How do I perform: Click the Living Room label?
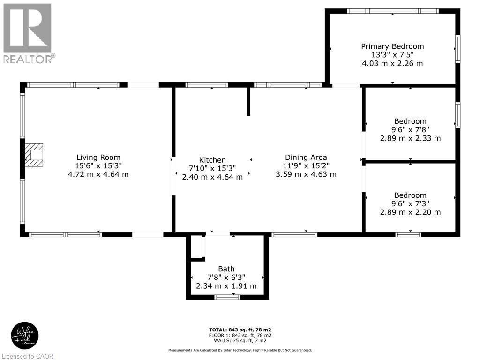[98, 157]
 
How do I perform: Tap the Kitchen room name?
[212, 160]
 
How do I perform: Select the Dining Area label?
[306, 157]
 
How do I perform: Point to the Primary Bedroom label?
[392, 46]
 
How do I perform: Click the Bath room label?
[226, 269]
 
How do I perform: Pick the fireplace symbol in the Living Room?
[34, 155]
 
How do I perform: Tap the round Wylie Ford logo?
[25, 336]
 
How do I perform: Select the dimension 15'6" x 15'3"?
[98, 166]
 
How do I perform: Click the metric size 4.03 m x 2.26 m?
[392, 63]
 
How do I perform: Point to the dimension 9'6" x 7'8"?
[410, 130]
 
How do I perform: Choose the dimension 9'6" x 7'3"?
[410, 203]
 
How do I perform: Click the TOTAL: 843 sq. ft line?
[240, 330]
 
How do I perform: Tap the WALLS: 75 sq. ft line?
[240, 340]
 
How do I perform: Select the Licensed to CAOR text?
[28, 356]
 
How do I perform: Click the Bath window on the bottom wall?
[227, 297]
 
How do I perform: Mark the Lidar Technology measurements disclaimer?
[240, 350]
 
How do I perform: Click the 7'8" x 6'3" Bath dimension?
[226, 277]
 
